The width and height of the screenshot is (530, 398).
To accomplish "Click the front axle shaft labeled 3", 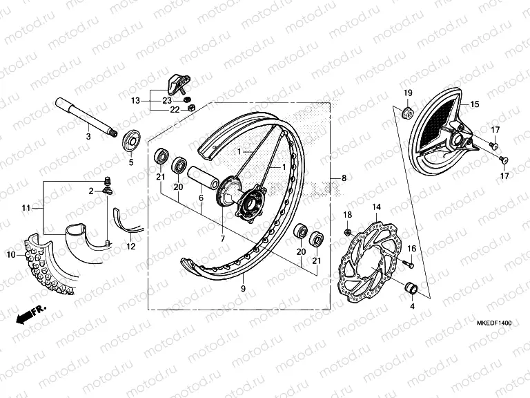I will click(86, 117).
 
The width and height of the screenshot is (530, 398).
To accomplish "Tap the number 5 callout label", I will click(130, 162).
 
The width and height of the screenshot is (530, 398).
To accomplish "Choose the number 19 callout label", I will click(407, 93).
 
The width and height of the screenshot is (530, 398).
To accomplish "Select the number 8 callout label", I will click(344, 179).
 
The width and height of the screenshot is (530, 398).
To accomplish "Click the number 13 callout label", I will click(135, 100).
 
